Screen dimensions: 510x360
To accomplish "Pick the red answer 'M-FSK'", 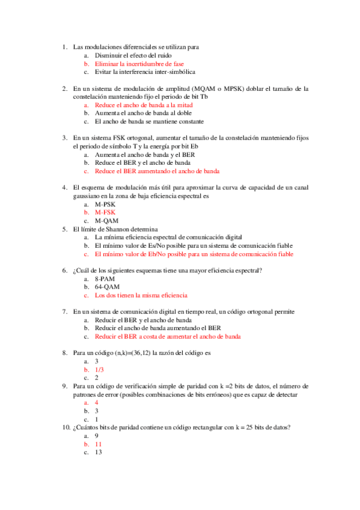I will pos(105,212).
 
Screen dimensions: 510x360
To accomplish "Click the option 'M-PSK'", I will pos(105,204).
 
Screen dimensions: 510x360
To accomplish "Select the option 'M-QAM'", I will pos(106,221).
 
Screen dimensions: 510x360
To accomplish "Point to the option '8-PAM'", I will pos(105,278).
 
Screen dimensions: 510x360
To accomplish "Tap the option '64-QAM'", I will pos(106,287).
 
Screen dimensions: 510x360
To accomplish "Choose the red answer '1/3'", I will pos(100,370).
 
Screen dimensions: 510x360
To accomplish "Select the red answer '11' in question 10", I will pos(99,444).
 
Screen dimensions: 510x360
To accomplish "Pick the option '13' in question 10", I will pos(99,452).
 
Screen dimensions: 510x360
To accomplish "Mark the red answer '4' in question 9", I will pos(97,402).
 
